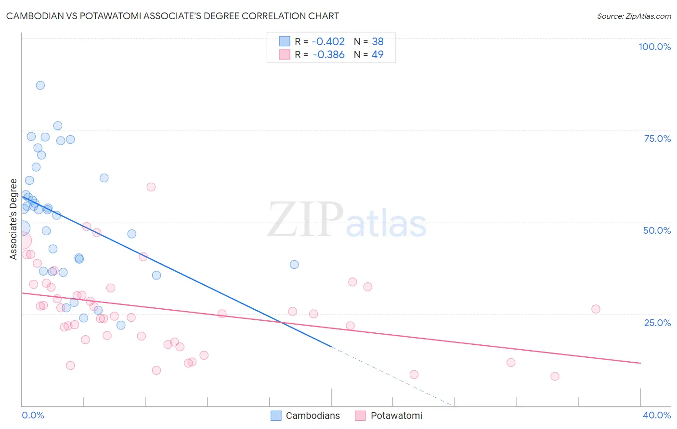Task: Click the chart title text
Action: coord(172,16)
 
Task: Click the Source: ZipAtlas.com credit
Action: coord(634,16)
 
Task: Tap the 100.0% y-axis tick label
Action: coord(654,47)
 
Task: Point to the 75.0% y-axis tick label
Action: coord(657,139)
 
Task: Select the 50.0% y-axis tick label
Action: coord(657,230)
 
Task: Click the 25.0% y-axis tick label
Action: coord(657,323)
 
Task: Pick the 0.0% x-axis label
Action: coord(33,415)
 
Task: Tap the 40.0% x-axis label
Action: coord(656,415)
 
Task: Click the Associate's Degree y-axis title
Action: coord(13,219)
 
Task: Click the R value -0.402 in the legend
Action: coord(328,42)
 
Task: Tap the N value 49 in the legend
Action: coord(378,55)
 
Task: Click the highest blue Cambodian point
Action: coord(40,85)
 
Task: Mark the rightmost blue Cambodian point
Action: coord(294,265)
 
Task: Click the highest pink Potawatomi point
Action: coord(151,187)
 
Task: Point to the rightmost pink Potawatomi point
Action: coord(596,309)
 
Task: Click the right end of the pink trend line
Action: coord(640,363)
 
